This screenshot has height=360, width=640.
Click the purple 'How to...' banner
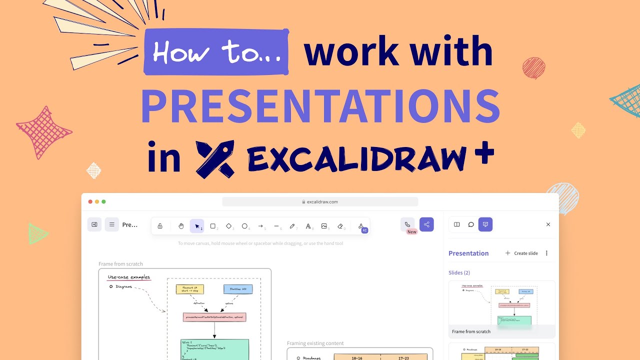click(216, 52)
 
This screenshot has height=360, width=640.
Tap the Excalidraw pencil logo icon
click(215, 159)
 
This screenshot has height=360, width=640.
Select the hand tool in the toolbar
click(181, 226)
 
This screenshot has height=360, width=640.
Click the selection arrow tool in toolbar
click(197, 226)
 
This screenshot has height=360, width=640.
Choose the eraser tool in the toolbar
click(340, 226)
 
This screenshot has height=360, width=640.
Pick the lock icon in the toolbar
click(160, 226)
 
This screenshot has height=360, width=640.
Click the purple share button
click(426, 224)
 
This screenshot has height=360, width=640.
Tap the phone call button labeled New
click(407, 224)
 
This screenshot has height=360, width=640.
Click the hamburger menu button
click(111, 224)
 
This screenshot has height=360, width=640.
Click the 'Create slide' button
click(521, 253)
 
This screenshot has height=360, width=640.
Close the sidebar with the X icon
click(548, 224)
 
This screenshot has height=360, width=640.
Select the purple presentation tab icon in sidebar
click(485, 224)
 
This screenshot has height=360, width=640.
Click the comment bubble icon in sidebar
click(471, 224)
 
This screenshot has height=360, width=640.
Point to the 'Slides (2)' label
click(459, 272)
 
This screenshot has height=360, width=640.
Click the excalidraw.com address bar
click(320, 202)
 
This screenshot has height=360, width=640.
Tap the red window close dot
click(90, 201)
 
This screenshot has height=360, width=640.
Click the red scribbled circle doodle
click(533, 68)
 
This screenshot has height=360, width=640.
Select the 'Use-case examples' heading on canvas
click(129, 277)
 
